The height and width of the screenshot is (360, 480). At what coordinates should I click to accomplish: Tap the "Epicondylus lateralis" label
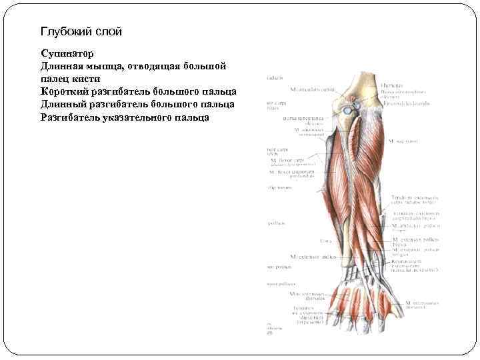405,103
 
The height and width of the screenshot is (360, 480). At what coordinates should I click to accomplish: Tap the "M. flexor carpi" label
287,160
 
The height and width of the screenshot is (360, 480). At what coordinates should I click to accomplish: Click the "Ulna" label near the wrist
326,240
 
